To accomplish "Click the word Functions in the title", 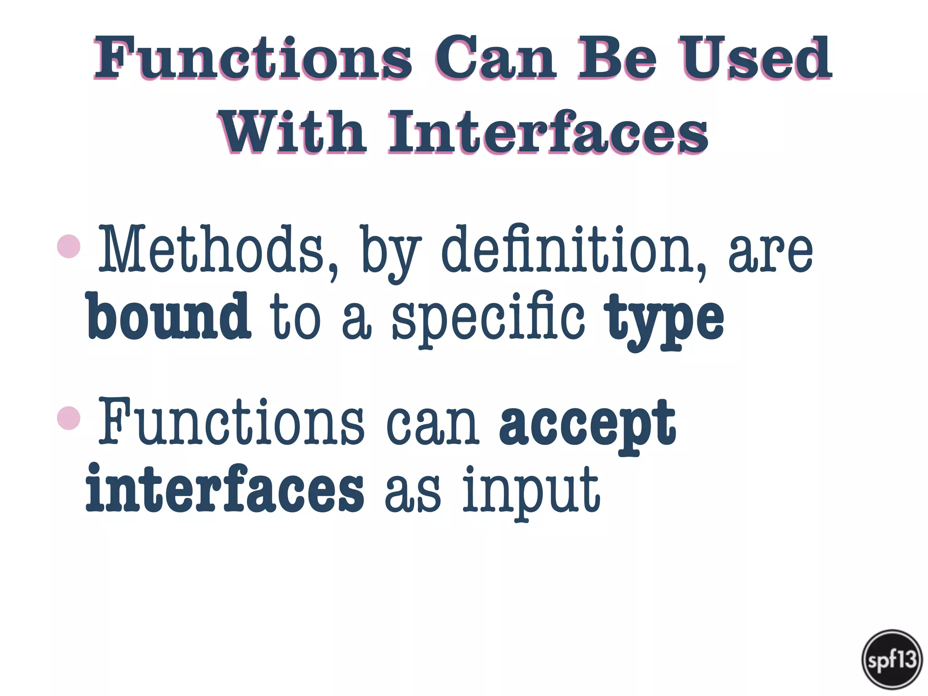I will pos(253,59).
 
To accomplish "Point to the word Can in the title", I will pos(494,59).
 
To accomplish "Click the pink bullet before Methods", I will pos(69,246).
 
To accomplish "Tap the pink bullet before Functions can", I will pos(69,418).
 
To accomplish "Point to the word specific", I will pos(488,319).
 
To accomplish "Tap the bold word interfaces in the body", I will pos(225,489).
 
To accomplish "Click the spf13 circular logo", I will pos(892,659).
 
